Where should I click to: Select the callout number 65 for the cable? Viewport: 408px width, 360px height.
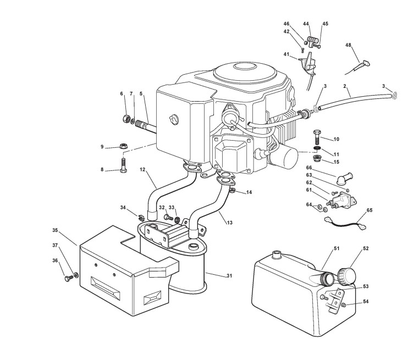(369, 210)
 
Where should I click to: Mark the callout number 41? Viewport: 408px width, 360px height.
(286, 54)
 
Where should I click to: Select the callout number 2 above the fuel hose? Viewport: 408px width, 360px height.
(344, 87)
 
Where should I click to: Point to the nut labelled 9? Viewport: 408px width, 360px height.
(124, 147)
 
